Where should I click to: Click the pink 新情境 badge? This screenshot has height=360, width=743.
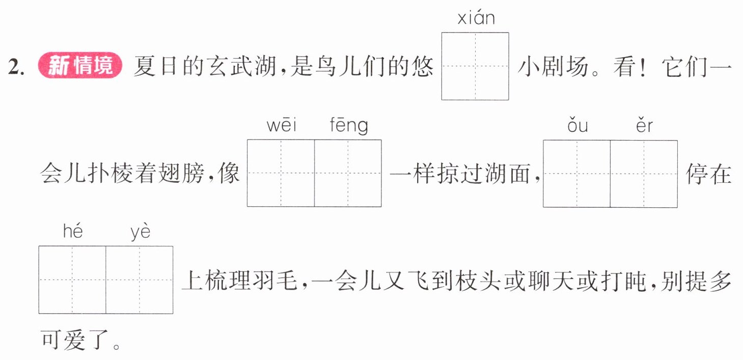[80, 65]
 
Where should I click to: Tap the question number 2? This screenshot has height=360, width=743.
[16, 67]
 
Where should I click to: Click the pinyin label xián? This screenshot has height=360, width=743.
[476, 18]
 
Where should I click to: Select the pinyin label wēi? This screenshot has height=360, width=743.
[282, 125]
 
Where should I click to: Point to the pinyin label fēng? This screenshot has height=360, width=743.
[349, 125]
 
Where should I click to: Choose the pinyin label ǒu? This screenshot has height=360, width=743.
[577, 125]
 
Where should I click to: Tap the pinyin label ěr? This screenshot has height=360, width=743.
[644, 125]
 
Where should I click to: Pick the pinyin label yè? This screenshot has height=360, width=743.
[141, 232]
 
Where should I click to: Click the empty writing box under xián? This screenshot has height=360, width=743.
[475, 66]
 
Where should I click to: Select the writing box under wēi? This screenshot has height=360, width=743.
[281, 173]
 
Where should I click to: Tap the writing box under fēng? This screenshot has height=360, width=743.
[348, 173]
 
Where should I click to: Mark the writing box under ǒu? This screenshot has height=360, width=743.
[577, 174]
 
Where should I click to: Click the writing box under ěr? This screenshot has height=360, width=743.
[644, 174]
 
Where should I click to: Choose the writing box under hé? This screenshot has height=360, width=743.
[72, 280]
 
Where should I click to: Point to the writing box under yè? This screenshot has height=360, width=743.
[140, 280]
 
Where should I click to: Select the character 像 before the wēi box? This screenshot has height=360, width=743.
[229, 173]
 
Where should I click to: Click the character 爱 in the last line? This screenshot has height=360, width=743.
[74, 340]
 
